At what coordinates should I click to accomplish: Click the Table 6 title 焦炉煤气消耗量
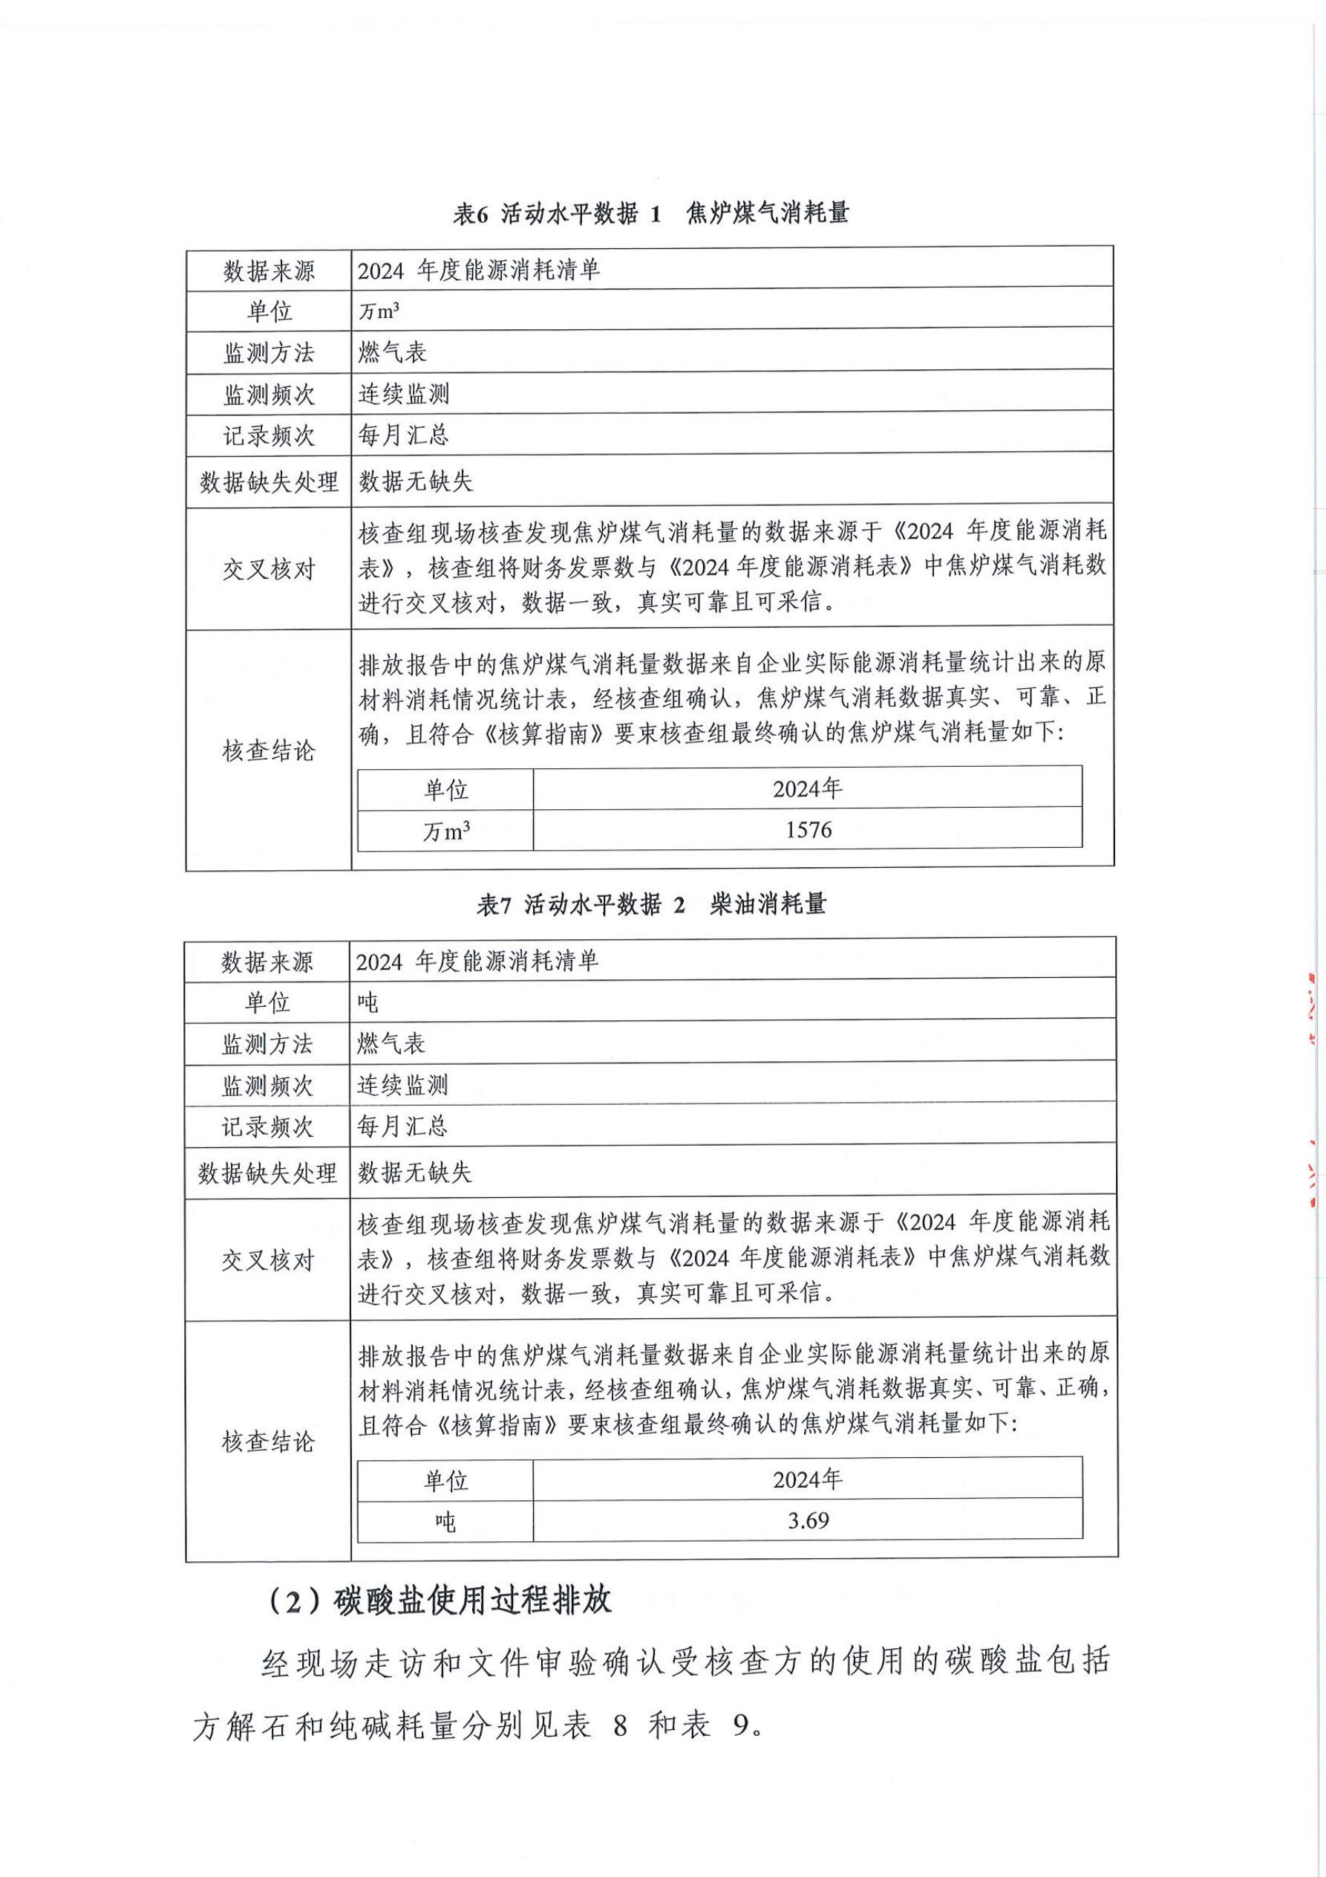click(x=768, y=213)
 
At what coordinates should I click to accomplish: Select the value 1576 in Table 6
click(x=808, y=830)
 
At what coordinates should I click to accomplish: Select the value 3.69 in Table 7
click(x=808, y=1520)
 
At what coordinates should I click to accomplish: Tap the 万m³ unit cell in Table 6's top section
click(x=378, y=311)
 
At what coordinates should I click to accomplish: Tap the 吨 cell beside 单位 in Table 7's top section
click(x=368, y=1002)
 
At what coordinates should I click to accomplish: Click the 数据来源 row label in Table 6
click(x=269, y=270)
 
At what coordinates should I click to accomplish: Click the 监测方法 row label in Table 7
click(x=267, y=1044)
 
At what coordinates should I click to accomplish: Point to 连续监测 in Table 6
click(x=404, y=394)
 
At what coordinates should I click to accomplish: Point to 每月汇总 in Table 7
click(x=402, y=1126)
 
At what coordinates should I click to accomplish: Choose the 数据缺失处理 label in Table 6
click(x=269, y=482)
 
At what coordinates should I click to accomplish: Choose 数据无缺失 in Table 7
click(x=414, y=1173)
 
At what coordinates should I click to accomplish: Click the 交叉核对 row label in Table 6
click(x=269, y=569)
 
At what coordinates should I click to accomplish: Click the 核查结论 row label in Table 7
click(x=267, y=1442)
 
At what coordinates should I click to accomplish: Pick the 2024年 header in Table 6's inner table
click(x=808, y=788)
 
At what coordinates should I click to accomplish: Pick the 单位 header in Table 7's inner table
click(x=445, y=1479)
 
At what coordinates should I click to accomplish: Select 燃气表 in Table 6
click(x=392, y=352)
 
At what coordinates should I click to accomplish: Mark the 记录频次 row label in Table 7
click(x=267, y=1127)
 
